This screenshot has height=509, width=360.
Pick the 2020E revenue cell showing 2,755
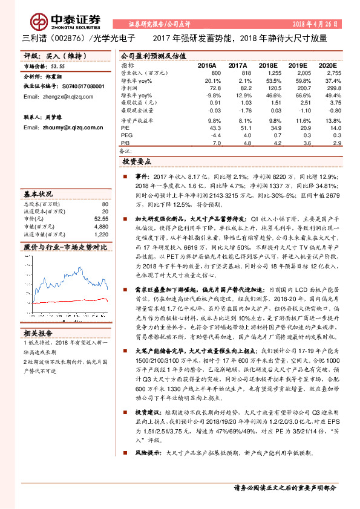click(325, 73)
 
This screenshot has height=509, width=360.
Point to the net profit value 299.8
click(325, 88)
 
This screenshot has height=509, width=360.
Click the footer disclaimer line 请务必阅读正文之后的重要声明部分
click(284, 487)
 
